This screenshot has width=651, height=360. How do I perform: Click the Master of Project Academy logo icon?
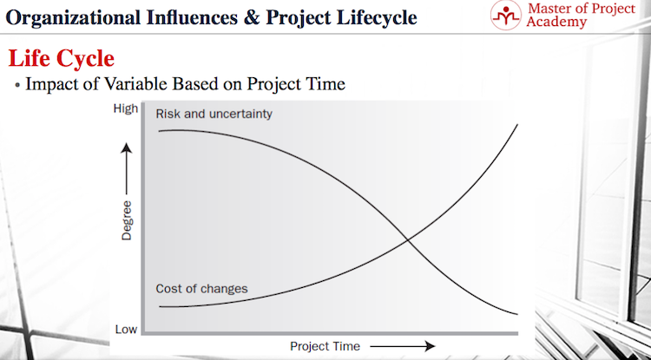click(505, 15)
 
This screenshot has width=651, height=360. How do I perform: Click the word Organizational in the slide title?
click(70, 18)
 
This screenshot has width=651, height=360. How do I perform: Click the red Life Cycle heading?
click(62, 58)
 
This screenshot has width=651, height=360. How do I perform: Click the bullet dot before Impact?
click(17, 85)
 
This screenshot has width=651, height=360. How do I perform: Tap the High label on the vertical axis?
click(125, 109)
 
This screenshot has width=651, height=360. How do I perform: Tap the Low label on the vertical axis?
click(126, 330)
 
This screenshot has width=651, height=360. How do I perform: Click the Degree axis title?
click(126, 220)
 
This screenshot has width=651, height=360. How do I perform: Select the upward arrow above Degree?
click(126, 169)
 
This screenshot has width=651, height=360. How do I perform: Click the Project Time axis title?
click(325, 346)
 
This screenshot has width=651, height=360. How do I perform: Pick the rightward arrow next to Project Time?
click(402, 346)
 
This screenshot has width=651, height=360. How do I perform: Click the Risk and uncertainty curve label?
click(214, 114)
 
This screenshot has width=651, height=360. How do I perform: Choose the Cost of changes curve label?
click(201, 288)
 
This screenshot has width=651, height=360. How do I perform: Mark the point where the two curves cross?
click(408, 239)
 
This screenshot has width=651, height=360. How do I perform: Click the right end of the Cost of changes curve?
click(517, 124)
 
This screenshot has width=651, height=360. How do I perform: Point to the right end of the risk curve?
click(517, 314)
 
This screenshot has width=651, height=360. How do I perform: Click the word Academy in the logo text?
click(556, 22)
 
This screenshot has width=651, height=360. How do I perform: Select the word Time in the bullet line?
click(325, 83)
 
